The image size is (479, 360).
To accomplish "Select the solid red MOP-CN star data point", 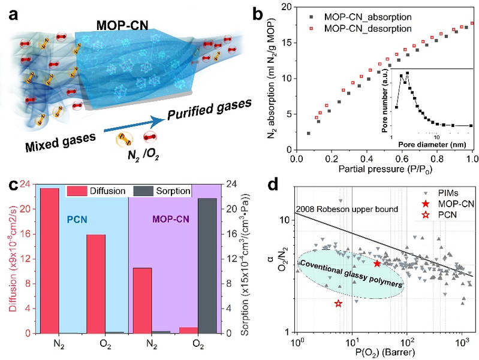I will click(x=377, y=264).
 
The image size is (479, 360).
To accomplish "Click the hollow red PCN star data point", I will click(x=338, y=304).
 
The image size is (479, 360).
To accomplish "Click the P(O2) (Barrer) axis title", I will click(x=384, y=353).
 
